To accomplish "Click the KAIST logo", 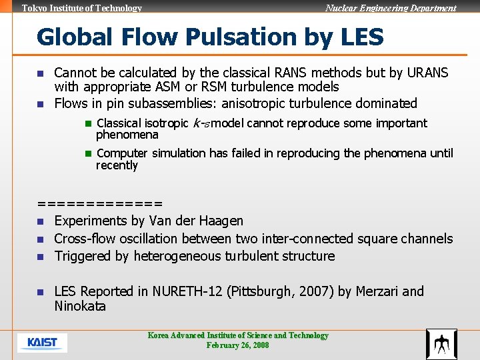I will pos(42,343).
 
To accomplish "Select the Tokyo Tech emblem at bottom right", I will pos(441,344).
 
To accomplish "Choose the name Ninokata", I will pos(80,307).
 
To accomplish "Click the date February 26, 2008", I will pos(238,345).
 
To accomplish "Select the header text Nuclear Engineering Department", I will pos(391,8).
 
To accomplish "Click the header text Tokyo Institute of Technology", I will pos(82,8).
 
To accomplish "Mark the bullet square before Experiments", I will pos(41,221).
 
